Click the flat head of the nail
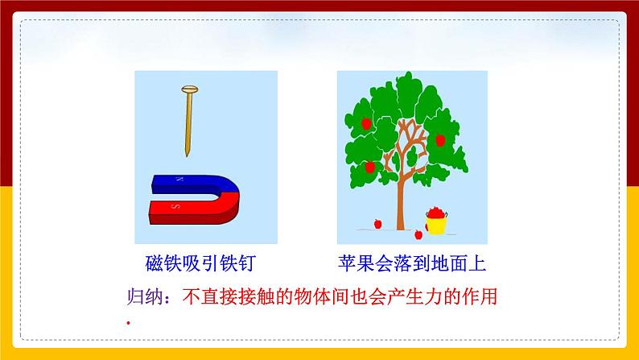tap(190, 89)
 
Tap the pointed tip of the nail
tap(188, 153)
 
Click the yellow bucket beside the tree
tap(435, 221)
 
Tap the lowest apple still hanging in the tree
tap(369, 168)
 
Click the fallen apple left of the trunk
tap(375, 223)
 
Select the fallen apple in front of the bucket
tap(417, 235)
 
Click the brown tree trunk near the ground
tap(399, 213)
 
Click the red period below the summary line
tap(128, 323)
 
